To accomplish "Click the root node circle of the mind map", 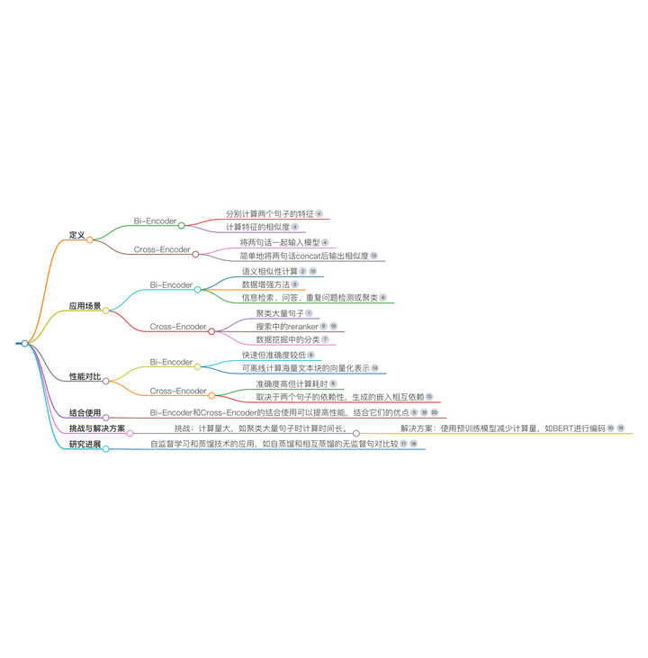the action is click(24, 343).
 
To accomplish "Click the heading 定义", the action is click(76, 235).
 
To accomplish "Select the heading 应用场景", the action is click(85, 306).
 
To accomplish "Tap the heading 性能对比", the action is click(85, 376).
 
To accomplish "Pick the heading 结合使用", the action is click(85, 412).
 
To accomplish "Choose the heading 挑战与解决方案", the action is click(97, 428).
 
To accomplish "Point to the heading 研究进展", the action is click(85, 444).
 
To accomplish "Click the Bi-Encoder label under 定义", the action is click(155, 221).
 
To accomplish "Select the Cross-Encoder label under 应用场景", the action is click(178, 327).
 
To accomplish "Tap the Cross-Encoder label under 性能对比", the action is click(178, 391).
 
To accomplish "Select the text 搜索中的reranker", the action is click(287, 327).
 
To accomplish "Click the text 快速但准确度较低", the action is click(273, 356).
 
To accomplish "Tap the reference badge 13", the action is click(373, 256).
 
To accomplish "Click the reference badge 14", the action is click(374, 369).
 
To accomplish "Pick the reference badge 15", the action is click(429, 397).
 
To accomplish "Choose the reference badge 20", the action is click(435, 412).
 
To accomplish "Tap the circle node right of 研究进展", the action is click(105, 448).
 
